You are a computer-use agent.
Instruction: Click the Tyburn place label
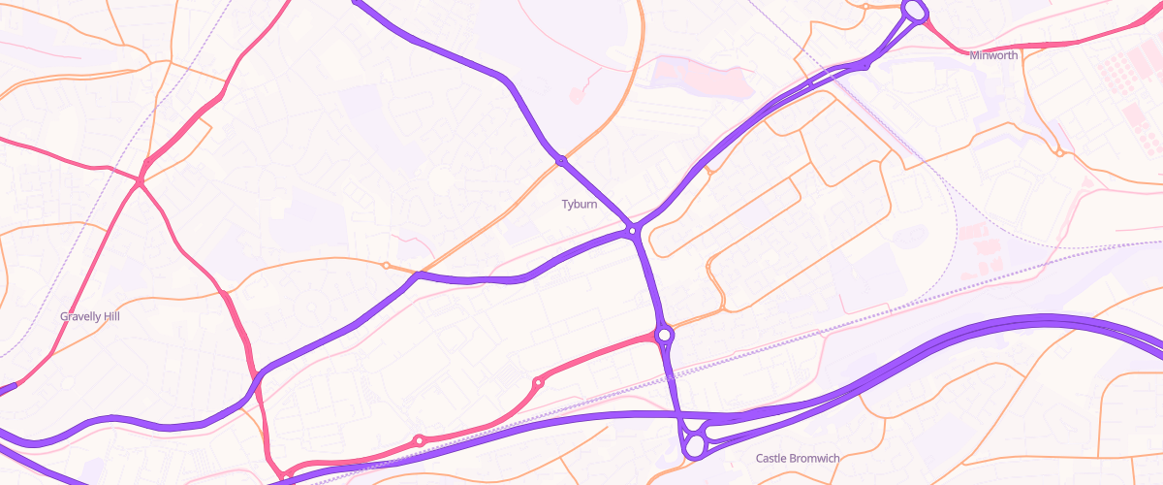[x=580, y=205]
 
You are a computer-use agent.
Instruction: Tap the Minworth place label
[x=993, y=55]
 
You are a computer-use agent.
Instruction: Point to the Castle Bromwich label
[x=797, y=458]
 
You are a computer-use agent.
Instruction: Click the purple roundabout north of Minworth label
[x=914, y=11]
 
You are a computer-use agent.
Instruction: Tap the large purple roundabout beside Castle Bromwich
[x=694, y=445]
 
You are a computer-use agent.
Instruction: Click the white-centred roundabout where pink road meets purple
[x=664, y=336]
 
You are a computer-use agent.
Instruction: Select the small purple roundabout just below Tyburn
[x=632, y=231]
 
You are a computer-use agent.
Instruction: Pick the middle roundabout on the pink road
[x=538, y=382]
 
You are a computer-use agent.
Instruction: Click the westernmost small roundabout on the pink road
[x=419, y=440]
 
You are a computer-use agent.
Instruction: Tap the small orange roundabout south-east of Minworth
[x=1060, y=152]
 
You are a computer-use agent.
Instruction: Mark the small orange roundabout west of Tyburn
[x=386, y=265]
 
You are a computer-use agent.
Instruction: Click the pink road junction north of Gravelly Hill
[x=141, y=180]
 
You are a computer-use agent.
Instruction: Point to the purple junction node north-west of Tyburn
[x=561, y=160]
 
